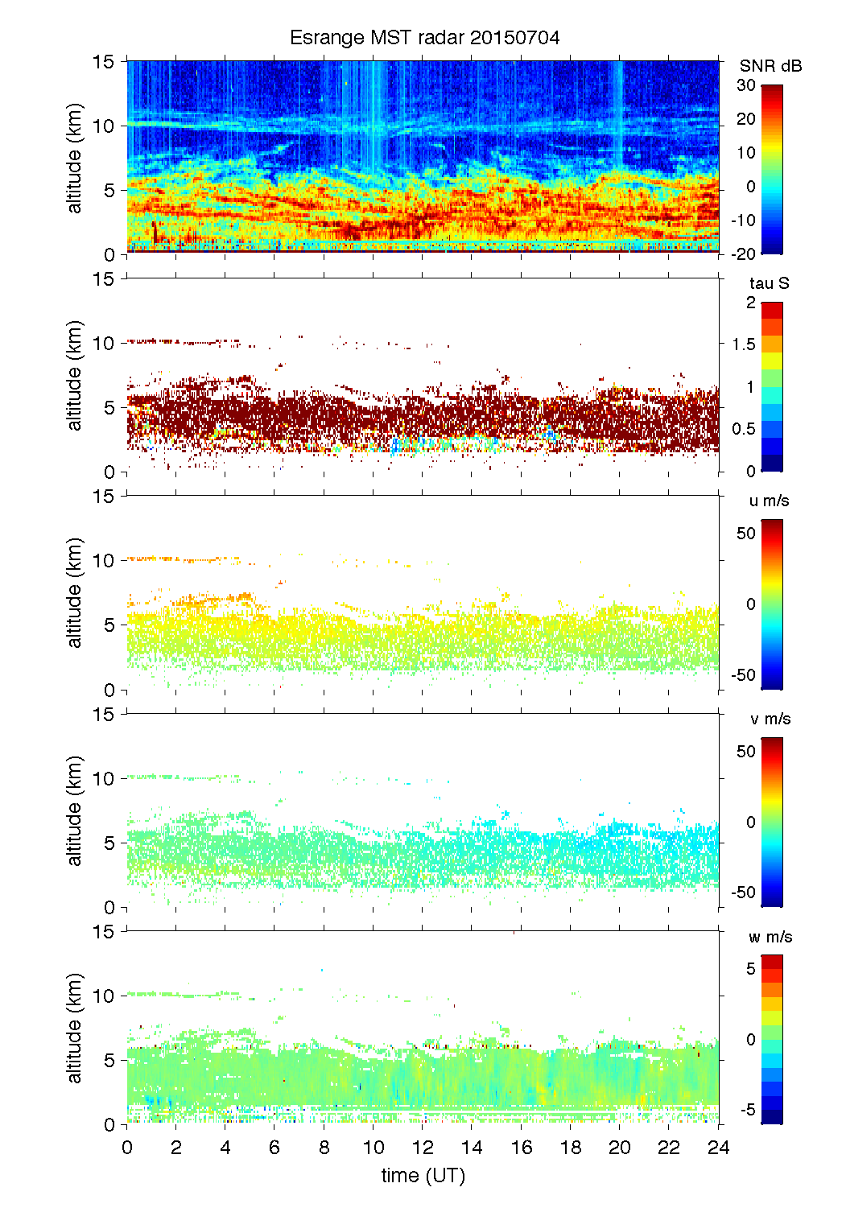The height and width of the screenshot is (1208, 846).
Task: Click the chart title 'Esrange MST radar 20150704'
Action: [424, 38]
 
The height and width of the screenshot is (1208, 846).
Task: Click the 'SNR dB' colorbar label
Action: [770, 66]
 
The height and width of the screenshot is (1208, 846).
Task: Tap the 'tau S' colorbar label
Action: [769, 283]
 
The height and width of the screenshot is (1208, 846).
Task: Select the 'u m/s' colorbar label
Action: [769, 501]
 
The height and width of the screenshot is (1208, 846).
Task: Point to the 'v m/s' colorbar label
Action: [770, 719]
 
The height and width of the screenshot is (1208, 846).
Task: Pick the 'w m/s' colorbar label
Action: [770, 937]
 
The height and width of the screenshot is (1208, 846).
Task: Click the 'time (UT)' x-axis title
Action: [423, 1175]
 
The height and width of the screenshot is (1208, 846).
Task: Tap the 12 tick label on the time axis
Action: [423, 1147]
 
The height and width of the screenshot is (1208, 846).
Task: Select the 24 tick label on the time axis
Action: [718, 1147]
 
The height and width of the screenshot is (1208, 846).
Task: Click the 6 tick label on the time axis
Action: [274, 1147]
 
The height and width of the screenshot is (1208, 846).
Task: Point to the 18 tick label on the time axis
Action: [570, 1147]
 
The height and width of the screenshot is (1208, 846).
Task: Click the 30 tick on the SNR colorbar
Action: [746, 85]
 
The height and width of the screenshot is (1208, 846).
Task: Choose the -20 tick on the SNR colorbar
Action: [743, 254]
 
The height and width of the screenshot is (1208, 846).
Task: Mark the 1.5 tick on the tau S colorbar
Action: [744, 344]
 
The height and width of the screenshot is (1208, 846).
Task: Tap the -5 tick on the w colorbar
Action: [747, 1110]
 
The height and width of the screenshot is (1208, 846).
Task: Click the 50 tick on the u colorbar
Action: [746, 533]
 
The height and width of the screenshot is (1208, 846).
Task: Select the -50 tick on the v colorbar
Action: [743, 892]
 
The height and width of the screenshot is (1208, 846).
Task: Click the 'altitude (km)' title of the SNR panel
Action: [75, 158]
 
